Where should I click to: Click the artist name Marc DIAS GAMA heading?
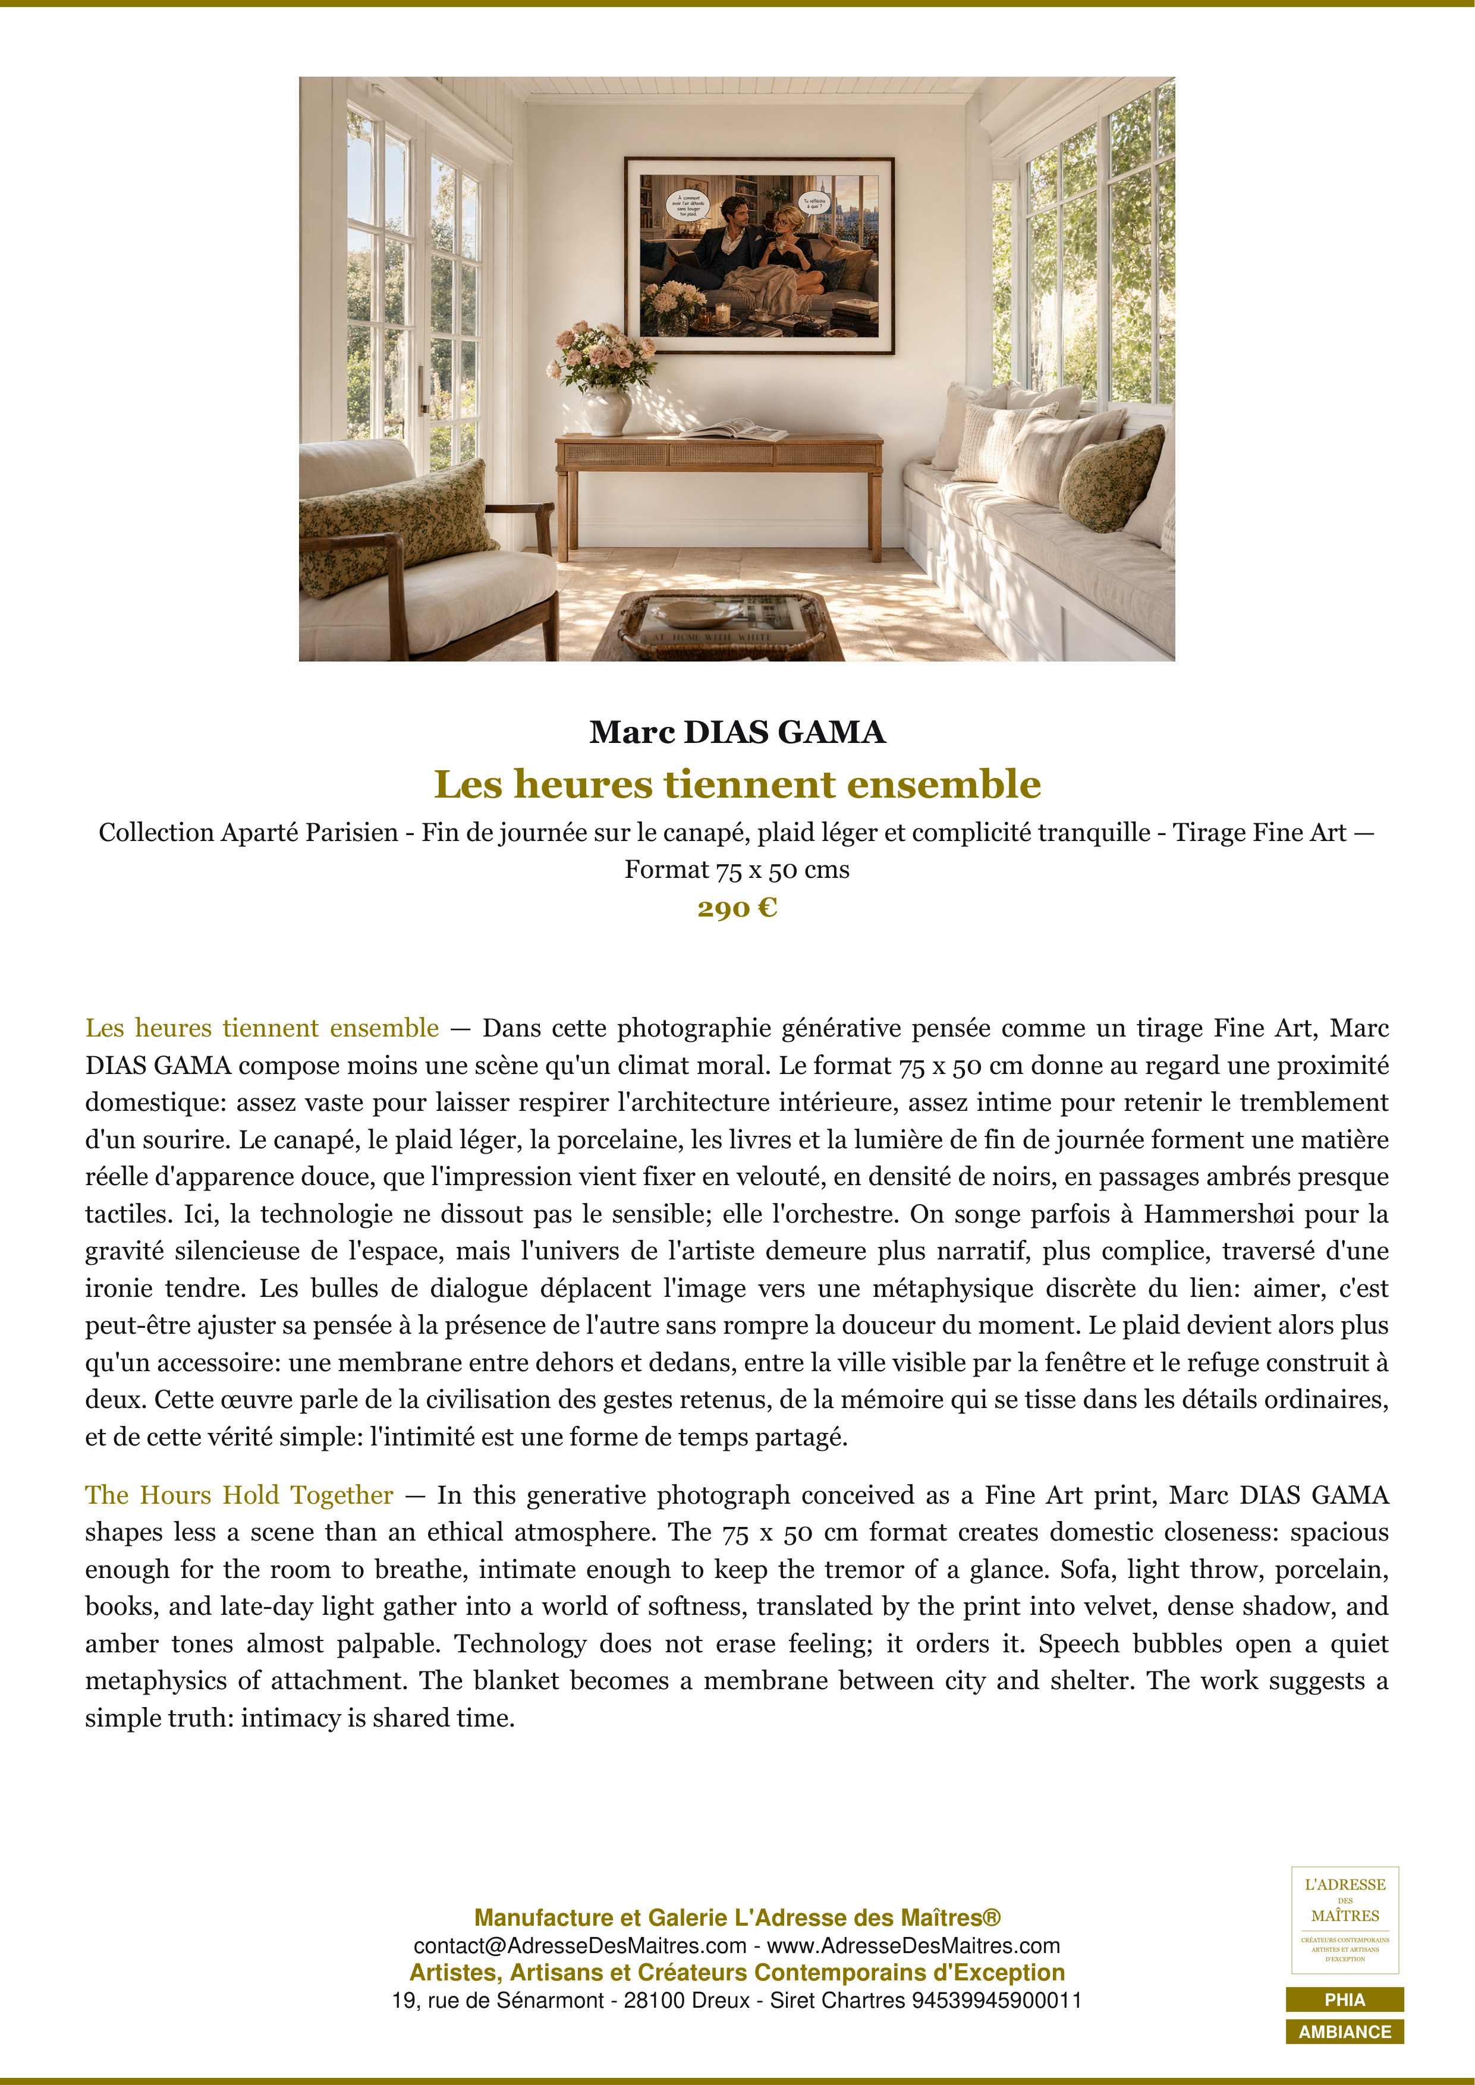click(737, 732)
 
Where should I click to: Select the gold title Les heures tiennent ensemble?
click(737, 785)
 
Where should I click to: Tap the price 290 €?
click(737, 908)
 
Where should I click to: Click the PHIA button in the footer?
click(1344, 1999)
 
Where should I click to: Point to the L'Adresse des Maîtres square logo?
click(1344, 1920)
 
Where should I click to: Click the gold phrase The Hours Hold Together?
click(239, 1495)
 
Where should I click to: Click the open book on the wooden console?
click(734, 429)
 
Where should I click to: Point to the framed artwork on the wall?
click(759, 255)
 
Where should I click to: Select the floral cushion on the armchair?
click(397, 526)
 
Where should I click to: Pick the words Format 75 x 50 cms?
click(737, 870)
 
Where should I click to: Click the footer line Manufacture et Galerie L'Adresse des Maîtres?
click(737, 1918)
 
